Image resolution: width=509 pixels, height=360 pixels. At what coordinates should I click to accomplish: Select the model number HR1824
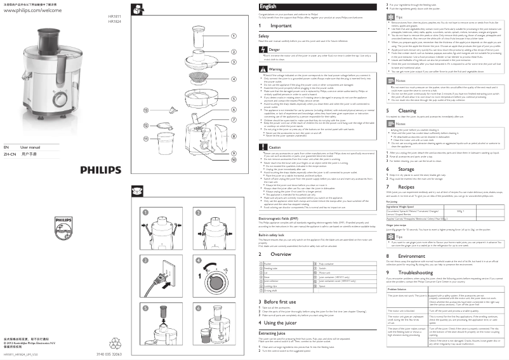[114, 21]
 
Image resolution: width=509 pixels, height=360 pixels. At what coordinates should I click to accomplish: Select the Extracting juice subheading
[276, 333]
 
